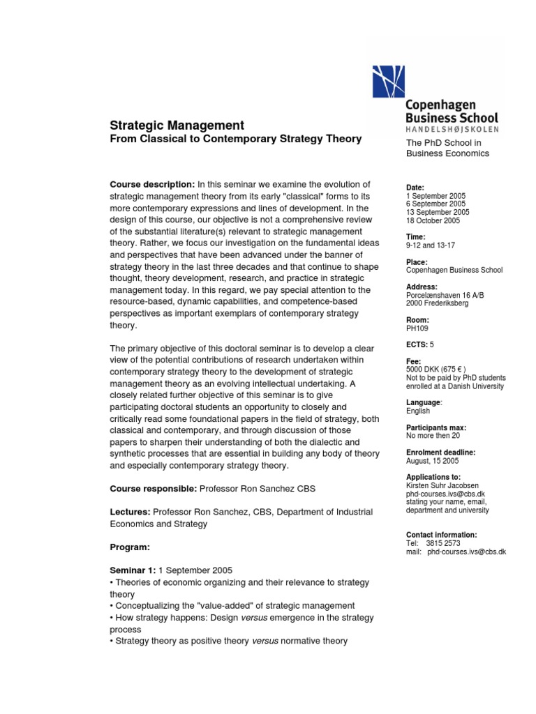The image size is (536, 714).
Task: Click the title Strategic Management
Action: click(x=177, y=126)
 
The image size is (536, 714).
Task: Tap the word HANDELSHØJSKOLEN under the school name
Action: click(x=447, y=130)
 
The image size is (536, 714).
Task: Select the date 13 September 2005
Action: click(x=438, y=213)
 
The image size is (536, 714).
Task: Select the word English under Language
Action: click(x=419, y=411)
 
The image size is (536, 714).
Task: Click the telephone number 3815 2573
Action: click(x=444, y=543)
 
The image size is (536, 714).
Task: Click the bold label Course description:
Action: click(x=153, y=184)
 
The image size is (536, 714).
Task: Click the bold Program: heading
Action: click(x=131, y=547)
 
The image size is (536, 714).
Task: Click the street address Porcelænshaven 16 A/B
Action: click(x=445, y=295)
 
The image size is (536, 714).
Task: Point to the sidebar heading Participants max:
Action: click(x=436, y=427)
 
